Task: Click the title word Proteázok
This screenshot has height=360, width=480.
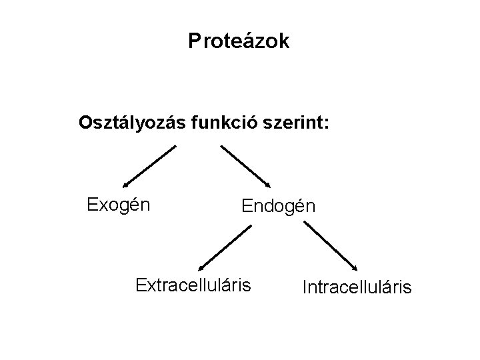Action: tap(239, 42)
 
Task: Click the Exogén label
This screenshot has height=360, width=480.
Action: tap(119, 203)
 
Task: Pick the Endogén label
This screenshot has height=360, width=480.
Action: tap(278, 206)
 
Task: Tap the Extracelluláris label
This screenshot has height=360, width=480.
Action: tap(193, 286)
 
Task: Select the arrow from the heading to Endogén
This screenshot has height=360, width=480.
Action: tap(245, 167)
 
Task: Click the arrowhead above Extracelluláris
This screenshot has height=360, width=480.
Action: tap(203, 266)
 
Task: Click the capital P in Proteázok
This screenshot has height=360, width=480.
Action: tap(193, 42)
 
